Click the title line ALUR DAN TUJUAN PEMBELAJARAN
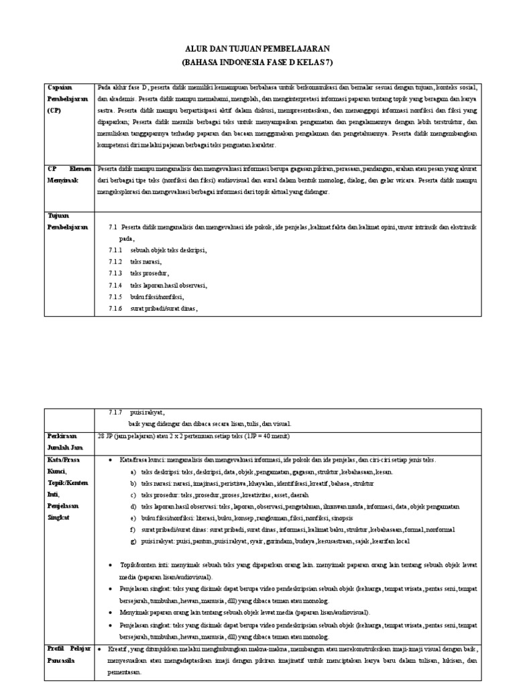tap(257, 50)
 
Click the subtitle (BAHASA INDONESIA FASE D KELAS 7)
tap(257, 62)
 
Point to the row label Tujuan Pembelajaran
tap(67, 222)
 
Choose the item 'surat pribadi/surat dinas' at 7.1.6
tap(164, 309)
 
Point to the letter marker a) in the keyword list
tap(134, 472)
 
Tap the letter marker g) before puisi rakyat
tap(134, 541)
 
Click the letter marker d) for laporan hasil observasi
tap(134, 507)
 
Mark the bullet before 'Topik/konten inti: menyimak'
tap(110, 565)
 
